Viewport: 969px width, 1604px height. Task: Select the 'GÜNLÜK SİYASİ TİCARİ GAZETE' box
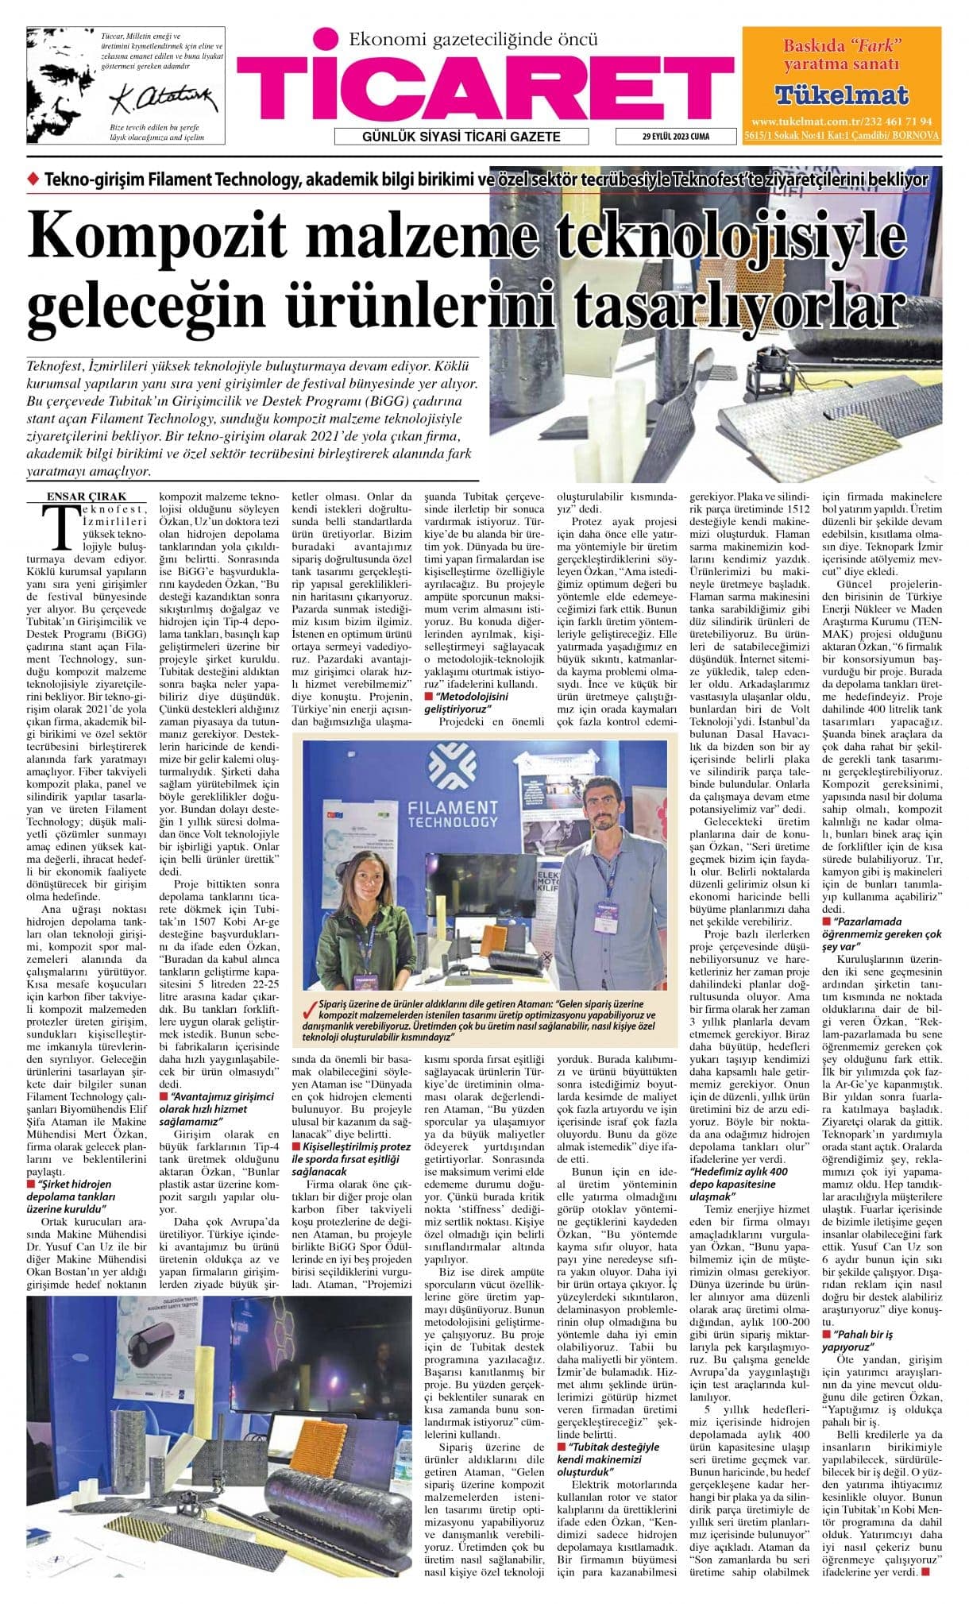pos(461,137)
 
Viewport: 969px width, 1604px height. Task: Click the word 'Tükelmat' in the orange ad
pos(841,95)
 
